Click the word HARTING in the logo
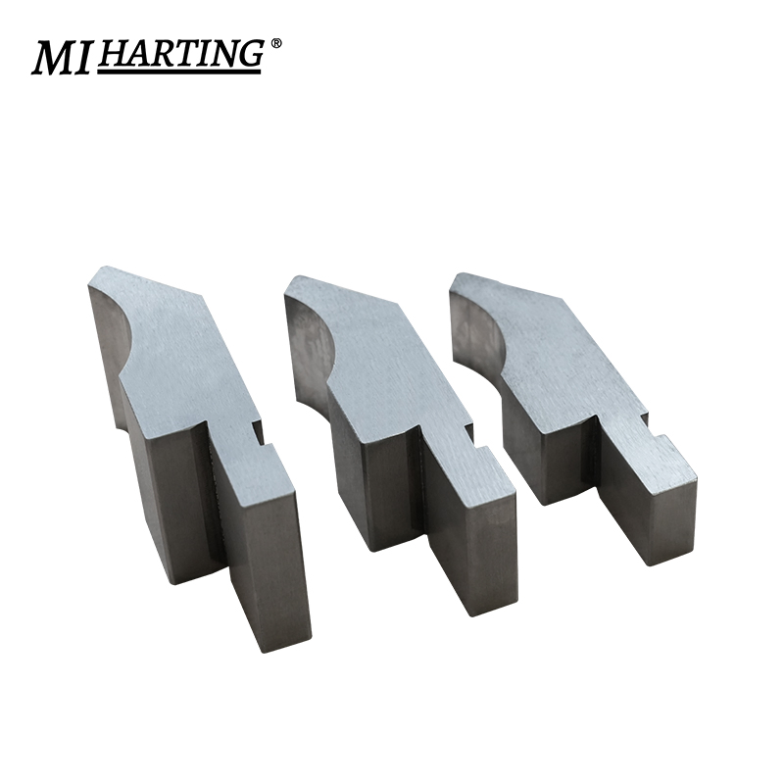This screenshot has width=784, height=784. click(180, 54)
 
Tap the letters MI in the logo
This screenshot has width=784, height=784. click(63, 58)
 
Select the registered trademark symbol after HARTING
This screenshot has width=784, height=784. click(276, 44)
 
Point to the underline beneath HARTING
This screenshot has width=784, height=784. click(182, 72)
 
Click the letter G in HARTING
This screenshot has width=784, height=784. click(247, 54)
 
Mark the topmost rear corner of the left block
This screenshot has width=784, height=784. click(106, 266)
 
